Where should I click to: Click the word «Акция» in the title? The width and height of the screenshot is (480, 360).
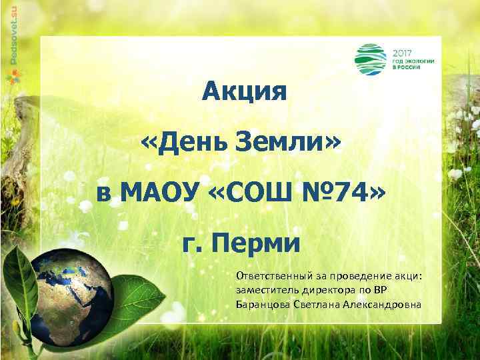[245, 90]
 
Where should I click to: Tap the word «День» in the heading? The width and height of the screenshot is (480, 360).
[188, 141]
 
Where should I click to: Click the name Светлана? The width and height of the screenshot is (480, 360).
[317, 305]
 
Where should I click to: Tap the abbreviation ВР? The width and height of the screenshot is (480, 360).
[379, 291]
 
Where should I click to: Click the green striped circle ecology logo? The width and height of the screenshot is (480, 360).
[371, 59]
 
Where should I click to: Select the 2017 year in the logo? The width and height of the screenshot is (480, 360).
[403, 51]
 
